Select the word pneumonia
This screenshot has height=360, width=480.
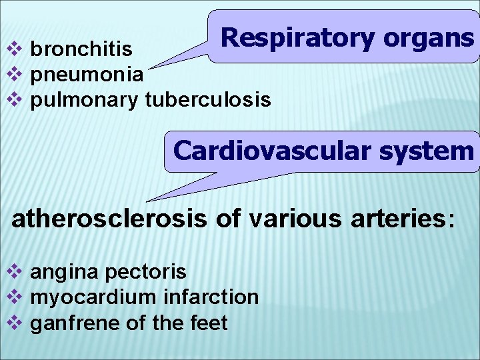coord(87,74)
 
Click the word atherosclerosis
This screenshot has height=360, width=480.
coord(109,219)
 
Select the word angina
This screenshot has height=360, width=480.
coord(63,272)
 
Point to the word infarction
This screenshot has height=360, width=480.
coord(211,297)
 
